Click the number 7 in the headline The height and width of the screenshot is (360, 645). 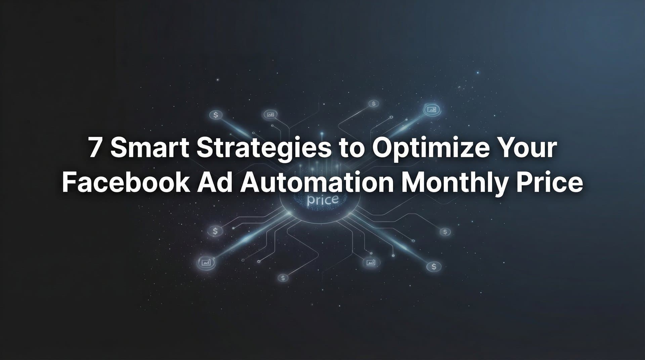coord(95,148)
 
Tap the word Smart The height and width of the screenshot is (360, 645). coord(150,148)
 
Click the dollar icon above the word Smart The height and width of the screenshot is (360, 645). coord(216,115)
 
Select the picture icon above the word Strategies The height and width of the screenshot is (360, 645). coord(270,114)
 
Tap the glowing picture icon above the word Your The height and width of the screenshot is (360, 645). coord(431,109)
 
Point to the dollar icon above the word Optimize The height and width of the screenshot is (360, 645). coord(374,103)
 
